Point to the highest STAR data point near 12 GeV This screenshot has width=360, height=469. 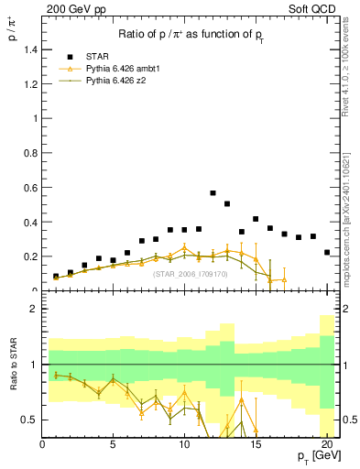(x=213, y=193)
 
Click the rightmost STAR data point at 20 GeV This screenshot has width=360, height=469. (x=327, y=252)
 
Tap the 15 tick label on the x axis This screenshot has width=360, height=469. (x=256, y=446)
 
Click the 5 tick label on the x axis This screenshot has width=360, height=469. (x=113, y=446)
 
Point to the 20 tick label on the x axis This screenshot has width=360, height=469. (x=327, y=446)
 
